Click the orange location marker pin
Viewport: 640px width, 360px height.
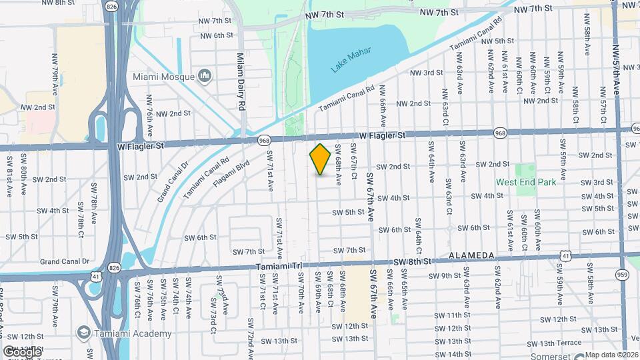click(321, 159)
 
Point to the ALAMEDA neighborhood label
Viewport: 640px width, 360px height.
click(471, 255)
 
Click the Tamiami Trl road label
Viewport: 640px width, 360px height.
click(279, 267)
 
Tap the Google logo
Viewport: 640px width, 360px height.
click(23, 351)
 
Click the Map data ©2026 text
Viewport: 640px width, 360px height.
click(611, 355)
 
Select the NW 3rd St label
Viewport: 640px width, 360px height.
click(427, 73)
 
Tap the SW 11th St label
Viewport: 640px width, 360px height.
click(455, 315)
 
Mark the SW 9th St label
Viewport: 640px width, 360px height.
click(445, 276)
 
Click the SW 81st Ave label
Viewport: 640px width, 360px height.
click(10, 175)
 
